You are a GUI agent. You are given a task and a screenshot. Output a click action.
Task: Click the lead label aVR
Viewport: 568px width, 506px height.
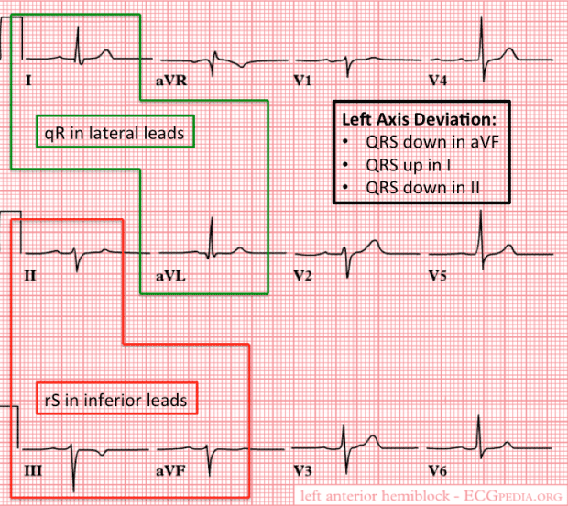(x=170, y=82)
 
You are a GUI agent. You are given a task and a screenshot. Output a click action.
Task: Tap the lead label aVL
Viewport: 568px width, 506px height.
(x=170, y=274)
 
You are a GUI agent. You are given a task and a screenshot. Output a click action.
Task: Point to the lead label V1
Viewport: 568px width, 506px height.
(x=302, y=82)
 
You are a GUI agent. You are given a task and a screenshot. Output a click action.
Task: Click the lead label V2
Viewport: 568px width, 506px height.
(x=302, y=274)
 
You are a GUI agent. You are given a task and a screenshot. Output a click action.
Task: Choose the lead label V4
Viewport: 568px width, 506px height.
(x=438, y=82)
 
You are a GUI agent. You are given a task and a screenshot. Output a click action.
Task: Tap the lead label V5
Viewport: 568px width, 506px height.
(x=438, y=274)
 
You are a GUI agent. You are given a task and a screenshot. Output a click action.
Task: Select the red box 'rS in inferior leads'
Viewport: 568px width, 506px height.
(x=115, y=400)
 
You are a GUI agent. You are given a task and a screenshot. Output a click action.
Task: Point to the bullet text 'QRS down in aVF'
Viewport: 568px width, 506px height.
(x=419, y=143)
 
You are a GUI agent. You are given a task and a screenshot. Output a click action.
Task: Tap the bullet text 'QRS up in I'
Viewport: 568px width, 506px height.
(x=403, y=166)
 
